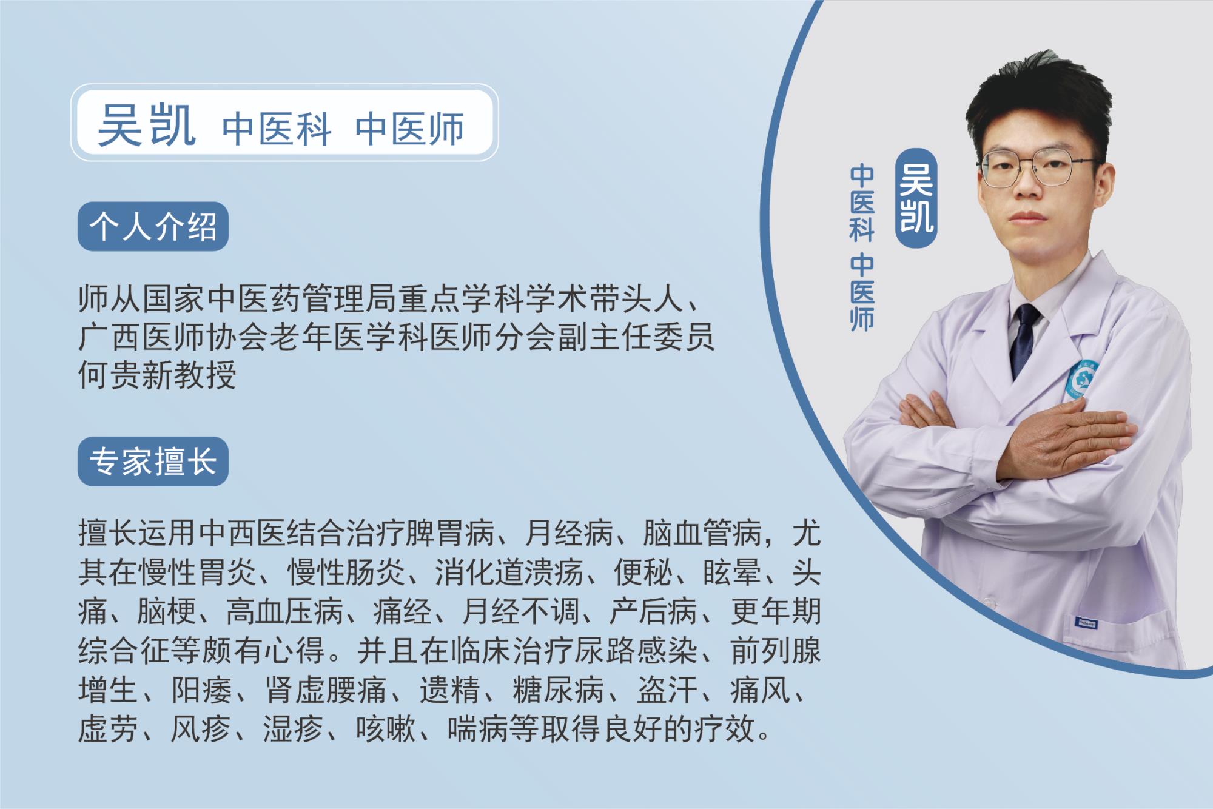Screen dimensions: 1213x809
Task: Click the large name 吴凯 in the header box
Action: point(147,126)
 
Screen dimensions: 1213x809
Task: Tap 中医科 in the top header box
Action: point(277,129)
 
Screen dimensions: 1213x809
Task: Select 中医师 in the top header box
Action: point(410,129)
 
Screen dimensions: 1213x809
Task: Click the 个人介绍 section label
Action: point(153,227)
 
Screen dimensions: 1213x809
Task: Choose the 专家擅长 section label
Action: point(153,462)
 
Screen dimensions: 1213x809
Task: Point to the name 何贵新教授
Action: point(157,375)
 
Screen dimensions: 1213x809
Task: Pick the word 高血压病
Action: point(286,611)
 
